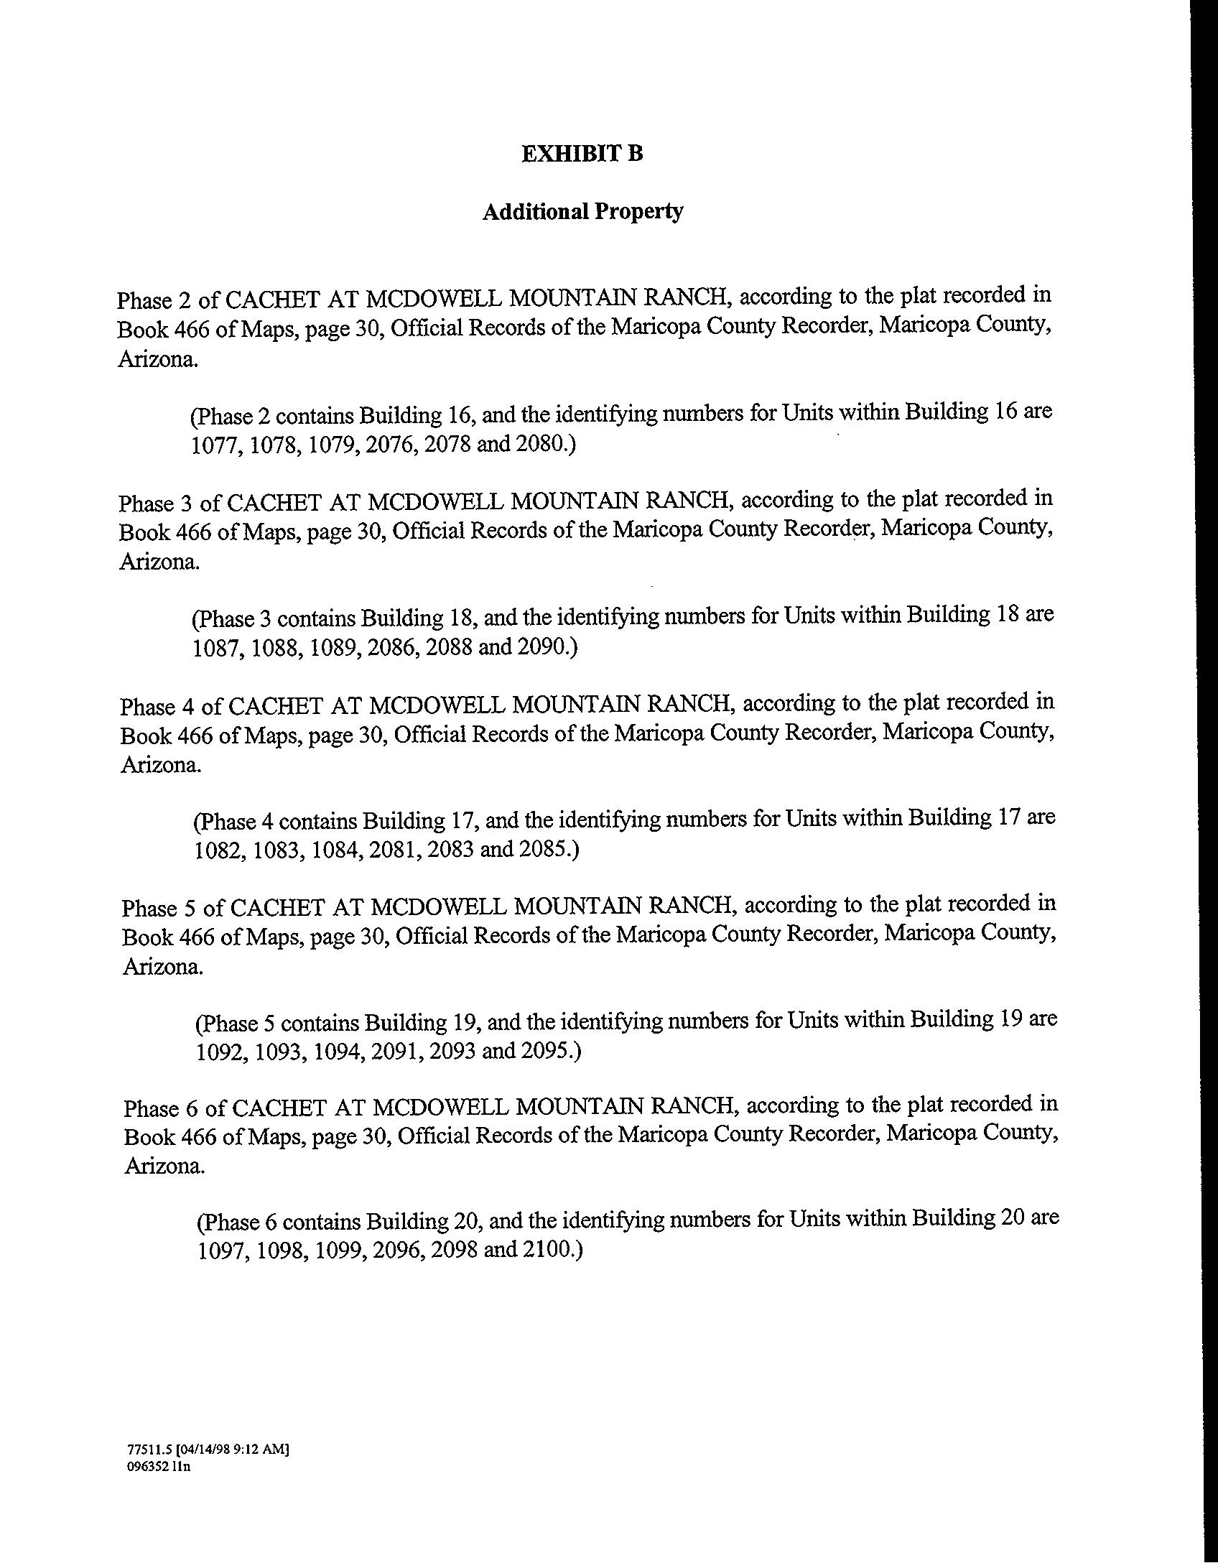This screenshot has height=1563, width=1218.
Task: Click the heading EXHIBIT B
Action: [582, 154]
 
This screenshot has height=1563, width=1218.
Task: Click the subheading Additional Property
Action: [582, 212]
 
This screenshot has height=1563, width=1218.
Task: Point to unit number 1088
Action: [277, 648]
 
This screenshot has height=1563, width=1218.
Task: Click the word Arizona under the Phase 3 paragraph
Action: [159, 562]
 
